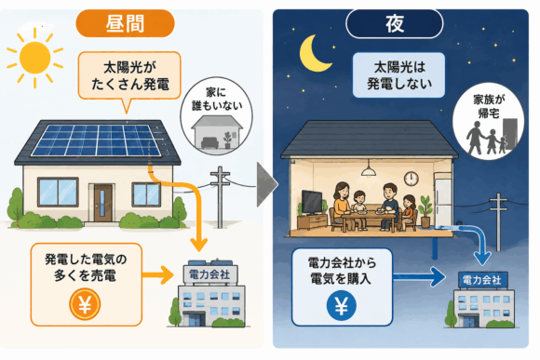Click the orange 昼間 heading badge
125,23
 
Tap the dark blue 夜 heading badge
395,23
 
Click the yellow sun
34,58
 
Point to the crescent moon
313,54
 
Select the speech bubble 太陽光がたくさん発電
129,75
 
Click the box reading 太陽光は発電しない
398,75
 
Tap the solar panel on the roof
97,140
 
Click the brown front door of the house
103,203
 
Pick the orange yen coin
85,304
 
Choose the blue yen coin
341,306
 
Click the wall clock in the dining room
411,179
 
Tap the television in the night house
312,203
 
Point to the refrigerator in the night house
443,200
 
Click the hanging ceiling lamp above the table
369,168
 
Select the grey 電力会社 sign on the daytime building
209,274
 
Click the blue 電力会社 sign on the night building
482,280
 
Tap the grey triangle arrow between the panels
266,185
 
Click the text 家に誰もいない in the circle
217,100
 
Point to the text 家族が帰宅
489,106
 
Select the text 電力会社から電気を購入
342,271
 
